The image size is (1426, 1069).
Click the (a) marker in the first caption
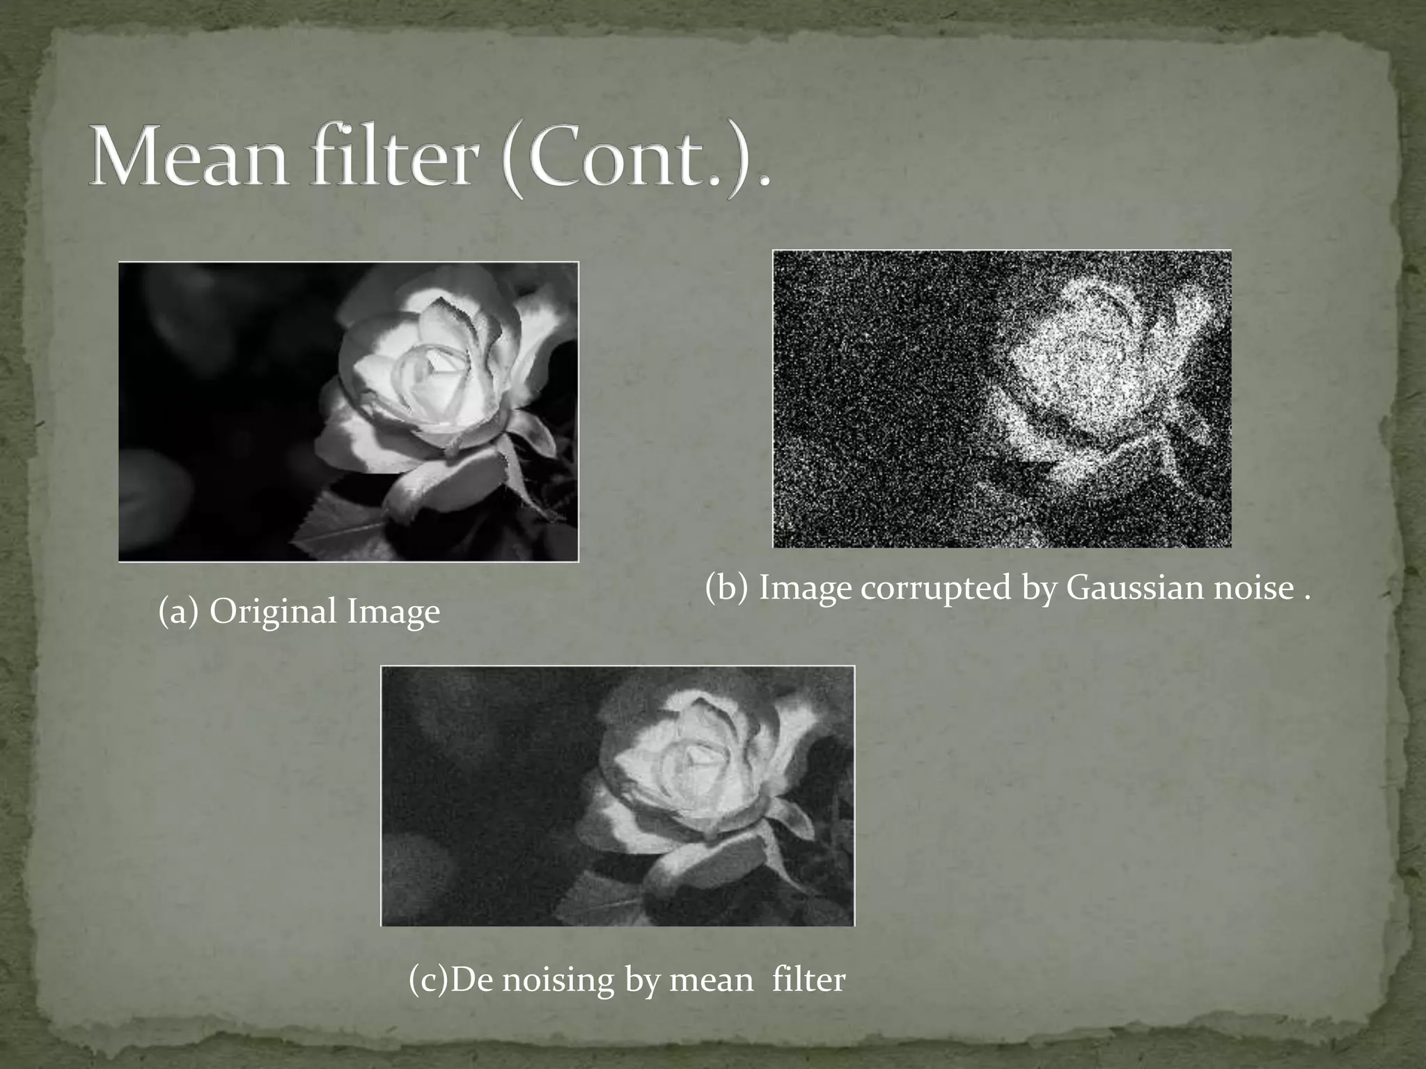point(180,612)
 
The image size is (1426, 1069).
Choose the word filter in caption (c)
point(808,981)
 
